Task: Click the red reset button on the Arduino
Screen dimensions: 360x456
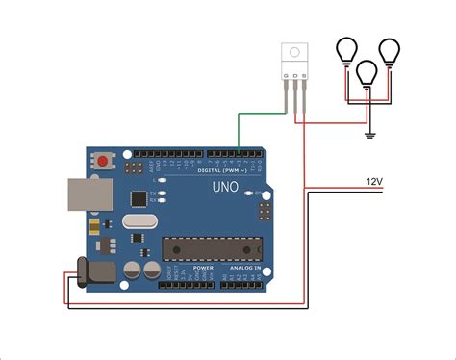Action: tap(101, 159)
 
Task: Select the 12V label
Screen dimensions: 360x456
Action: tap(373, 181)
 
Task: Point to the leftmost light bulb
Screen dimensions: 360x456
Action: tap(346, 51)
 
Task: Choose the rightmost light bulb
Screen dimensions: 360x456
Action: tap(390, 51)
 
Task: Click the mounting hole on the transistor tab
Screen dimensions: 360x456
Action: tap(295, 52)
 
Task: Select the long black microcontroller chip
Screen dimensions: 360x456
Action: tap(201, 248)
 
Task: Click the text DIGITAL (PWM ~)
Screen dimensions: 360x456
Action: tap(219, 169)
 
